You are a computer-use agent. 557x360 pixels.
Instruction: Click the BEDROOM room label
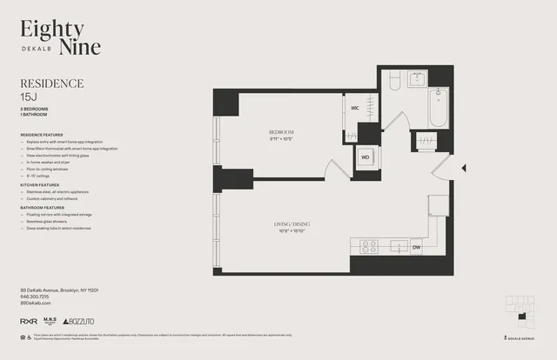(282, 131)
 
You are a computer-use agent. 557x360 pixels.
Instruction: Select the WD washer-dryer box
(366, 157)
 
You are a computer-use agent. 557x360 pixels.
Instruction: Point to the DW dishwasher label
(416, 247)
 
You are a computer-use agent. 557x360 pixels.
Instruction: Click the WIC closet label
(355, 108)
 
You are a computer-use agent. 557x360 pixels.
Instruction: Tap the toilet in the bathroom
(394, 82)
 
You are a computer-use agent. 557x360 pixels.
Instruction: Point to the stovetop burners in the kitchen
(368, 246)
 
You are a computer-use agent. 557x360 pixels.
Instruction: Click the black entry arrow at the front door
(464, 168)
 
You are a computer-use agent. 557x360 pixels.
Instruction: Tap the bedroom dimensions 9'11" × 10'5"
(282, 139)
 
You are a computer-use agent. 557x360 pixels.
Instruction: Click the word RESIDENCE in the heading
(51, 83)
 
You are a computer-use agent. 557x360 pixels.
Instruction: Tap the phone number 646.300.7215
(36, 297)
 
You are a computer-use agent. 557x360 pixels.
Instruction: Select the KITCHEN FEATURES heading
(40, 185)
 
